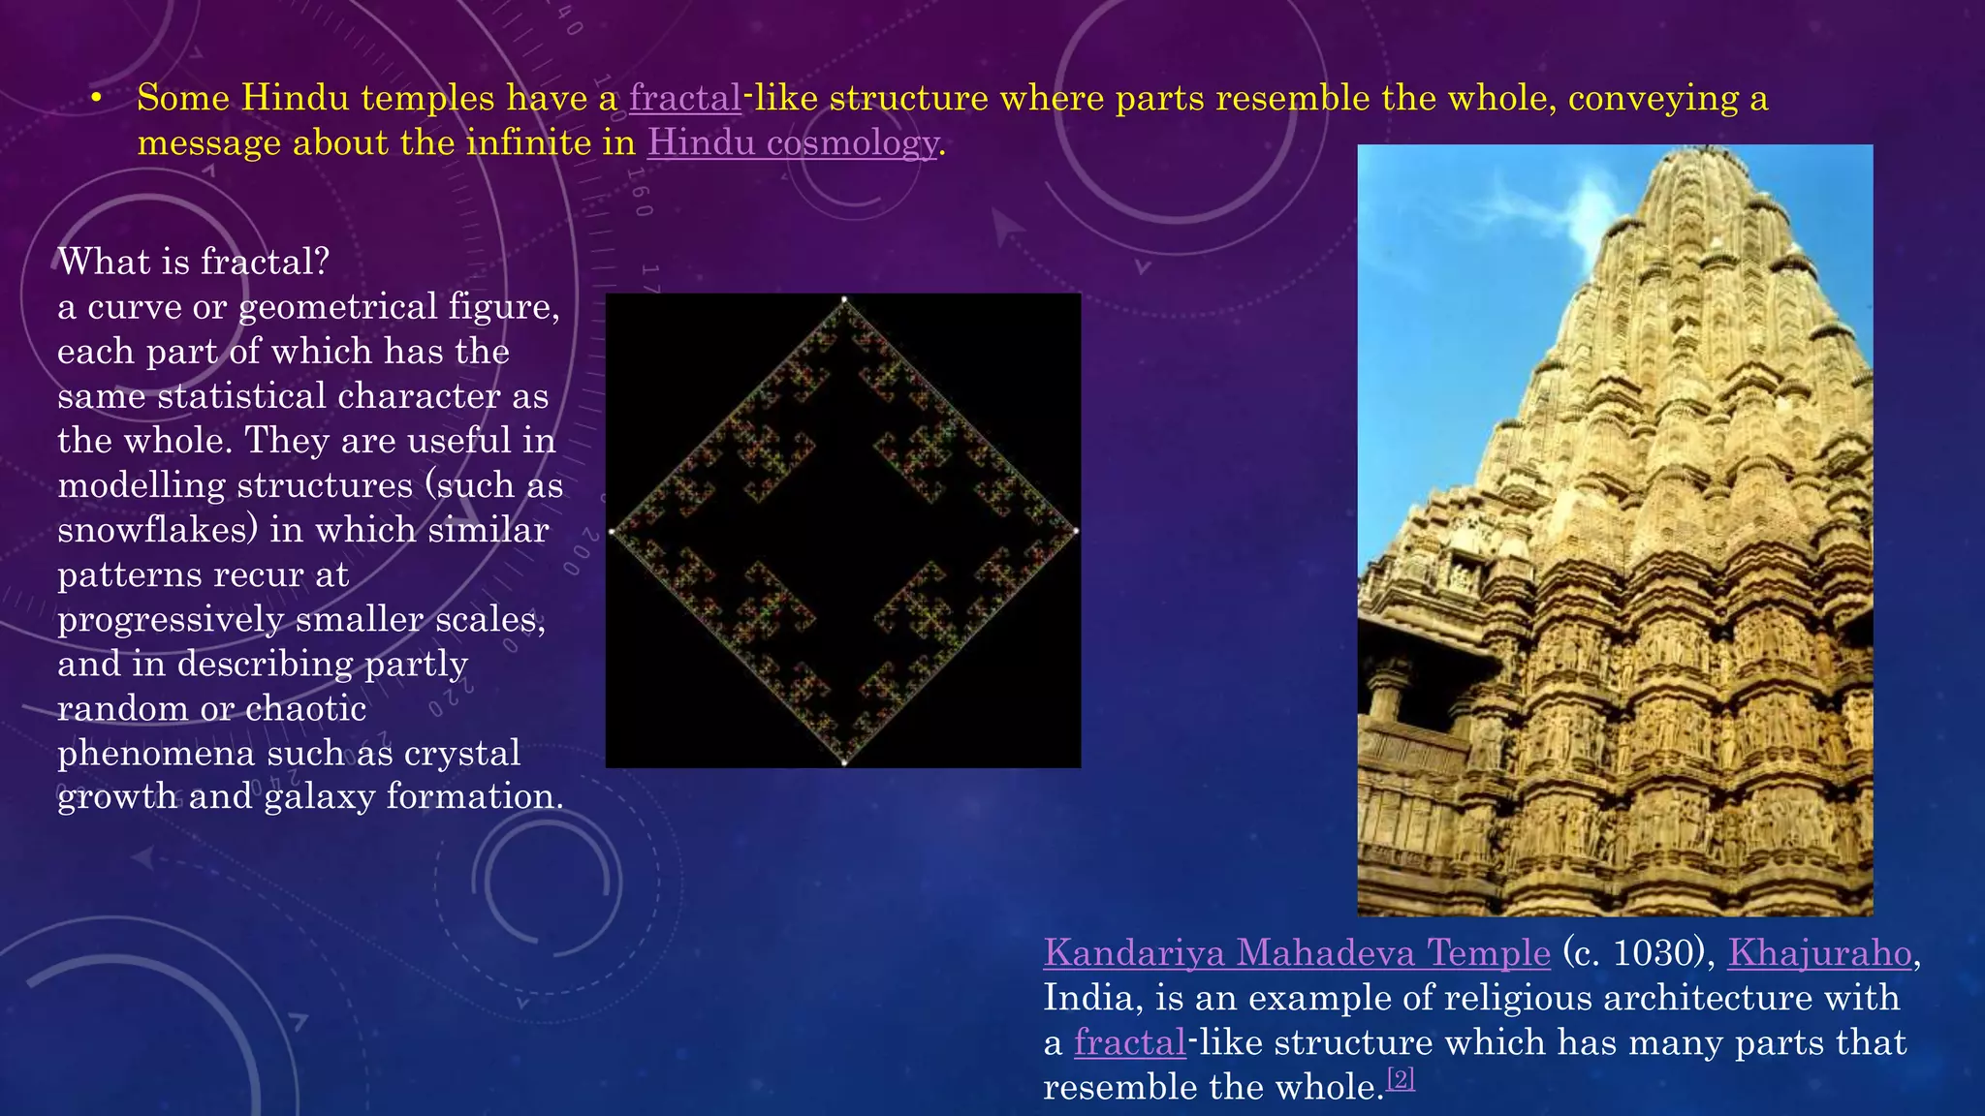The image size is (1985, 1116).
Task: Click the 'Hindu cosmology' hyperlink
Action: (793, 143)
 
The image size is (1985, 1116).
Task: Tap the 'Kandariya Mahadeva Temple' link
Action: (1297, 953)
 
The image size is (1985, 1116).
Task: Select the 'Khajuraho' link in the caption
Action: (1819, 953)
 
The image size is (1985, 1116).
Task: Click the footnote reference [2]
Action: (1401, 1078)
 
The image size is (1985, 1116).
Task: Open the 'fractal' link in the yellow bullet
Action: (685, 99)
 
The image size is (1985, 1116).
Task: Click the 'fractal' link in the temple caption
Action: (1129, 1043)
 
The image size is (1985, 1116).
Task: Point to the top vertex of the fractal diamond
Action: (844, 300)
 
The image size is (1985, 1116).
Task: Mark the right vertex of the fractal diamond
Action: (1076, 531)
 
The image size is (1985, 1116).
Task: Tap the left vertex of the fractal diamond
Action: (612, 531)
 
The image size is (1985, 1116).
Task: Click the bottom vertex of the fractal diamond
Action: (844, 762)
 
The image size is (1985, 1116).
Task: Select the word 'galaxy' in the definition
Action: (319, 796)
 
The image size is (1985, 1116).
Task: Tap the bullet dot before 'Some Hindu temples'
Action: (96, 100)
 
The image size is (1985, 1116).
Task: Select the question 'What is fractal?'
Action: (194, 262)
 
